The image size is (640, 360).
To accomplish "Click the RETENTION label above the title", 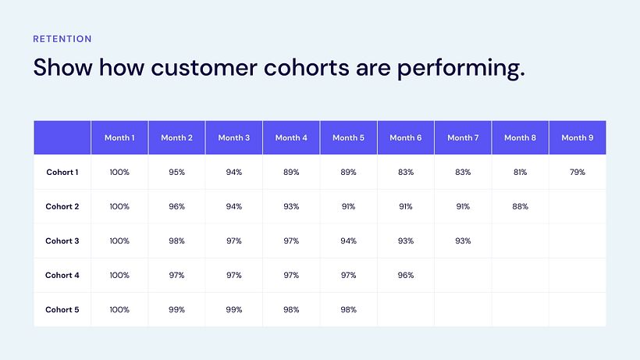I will (x=62, y=38).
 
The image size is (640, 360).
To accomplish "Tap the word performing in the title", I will (x=460, y=69).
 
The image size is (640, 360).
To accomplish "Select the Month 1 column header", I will (x=119, y=137).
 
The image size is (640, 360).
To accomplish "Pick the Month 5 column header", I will (x=348, y=137).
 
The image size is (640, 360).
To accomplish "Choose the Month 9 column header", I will (x=578, y=137).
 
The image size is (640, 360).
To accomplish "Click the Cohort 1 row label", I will (x=62, y=172).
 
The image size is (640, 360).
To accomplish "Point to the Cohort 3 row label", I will (x=62, y=241).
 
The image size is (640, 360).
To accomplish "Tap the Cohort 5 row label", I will (x=62, y=309).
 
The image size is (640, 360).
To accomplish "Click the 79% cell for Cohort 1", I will (x=578, y=172).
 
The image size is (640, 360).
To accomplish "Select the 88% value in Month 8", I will (x=521, y=206).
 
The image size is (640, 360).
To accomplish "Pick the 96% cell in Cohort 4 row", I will (x=406, y=275).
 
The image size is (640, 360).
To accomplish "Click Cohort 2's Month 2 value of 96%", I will (x=176, y=206).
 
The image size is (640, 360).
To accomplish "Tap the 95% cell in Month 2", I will (x=176, y=172).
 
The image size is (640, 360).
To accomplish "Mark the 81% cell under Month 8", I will (x=521, y=172).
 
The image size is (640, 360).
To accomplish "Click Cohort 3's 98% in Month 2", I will (x=176, y=241).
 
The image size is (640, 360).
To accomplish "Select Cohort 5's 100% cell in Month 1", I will (x=119, y=309).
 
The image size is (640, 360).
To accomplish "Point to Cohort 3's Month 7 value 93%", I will (x=463, y=241).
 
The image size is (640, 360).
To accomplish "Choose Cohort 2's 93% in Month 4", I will (x=291, y=206).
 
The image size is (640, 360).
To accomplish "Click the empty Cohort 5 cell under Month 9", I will (x=578, y=309).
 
